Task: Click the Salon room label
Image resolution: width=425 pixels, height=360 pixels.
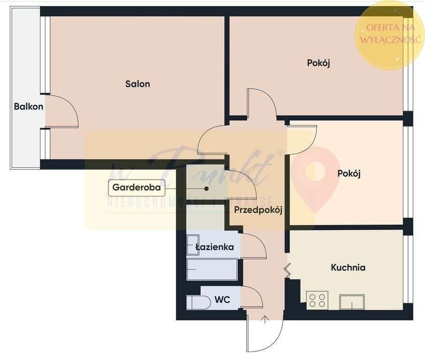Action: (137, 84)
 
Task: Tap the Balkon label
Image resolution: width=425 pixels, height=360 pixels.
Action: (29, 106)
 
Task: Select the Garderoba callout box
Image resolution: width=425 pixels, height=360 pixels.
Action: (137, 188)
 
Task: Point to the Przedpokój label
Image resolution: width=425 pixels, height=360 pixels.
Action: (258, 210)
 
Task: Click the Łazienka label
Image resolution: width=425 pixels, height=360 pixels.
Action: (215, 247)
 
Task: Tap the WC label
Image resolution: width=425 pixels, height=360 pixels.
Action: (222, 300)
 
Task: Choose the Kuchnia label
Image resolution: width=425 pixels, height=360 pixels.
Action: (348, 268)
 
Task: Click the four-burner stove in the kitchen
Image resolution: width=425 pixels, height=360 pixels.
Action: (317, 300)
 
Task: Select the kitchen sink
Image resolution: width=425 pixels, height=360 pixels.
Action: (352, 302)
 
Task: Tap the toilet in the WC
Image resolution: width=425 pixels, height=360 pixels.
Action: (198, 302)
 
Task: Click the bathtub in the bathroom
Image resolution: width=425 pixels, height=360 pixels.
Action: (212, 270)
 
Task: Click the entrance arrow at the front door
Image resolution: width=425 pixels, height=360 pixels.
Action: (265, 320)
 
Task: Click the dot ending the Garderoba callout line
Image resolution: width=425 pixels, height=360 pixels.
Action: (206, 188)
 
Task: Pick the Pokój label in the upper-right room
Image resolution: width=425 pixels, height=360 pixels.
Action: (319, 63)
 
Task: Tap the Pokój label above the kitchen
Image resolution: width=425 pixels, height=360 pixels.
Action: (349, 173)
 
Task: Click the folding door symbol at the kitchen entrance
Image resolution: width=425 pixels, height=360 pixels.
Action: (287, 270)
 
